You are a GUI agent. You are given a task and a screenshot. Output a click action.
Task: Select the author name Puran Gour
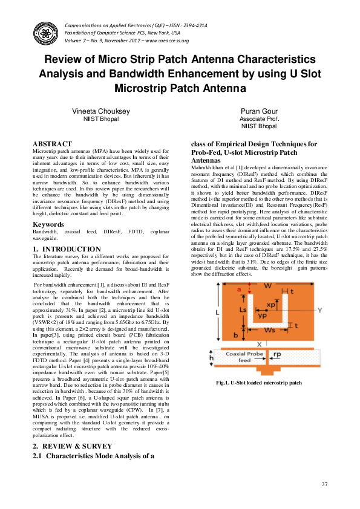coord(258,112)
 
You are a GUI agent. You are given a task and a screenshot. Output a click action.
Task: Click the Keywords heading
coord(48,224)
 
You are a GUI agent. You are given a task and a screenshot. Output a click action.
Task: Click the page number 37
coord(324,484)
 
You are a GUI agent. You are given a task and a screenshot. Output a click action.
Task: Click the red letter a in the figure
coord(239,290)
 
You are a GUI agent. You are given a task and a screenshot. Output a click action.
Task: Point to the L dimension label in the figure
coord(216,313)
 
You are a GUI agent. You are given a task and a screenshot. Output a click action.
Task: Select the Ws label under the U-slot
coord(272,331)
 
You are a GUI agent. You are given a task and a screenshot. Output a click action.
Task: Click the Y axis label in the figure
coord(319,310)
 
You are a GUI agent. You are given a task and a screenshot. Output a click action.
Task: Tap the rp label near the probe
coord(295,355)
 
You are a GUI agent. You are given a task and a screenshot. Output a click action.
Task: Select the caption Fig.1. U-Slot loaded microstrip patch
coord(258,383)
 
